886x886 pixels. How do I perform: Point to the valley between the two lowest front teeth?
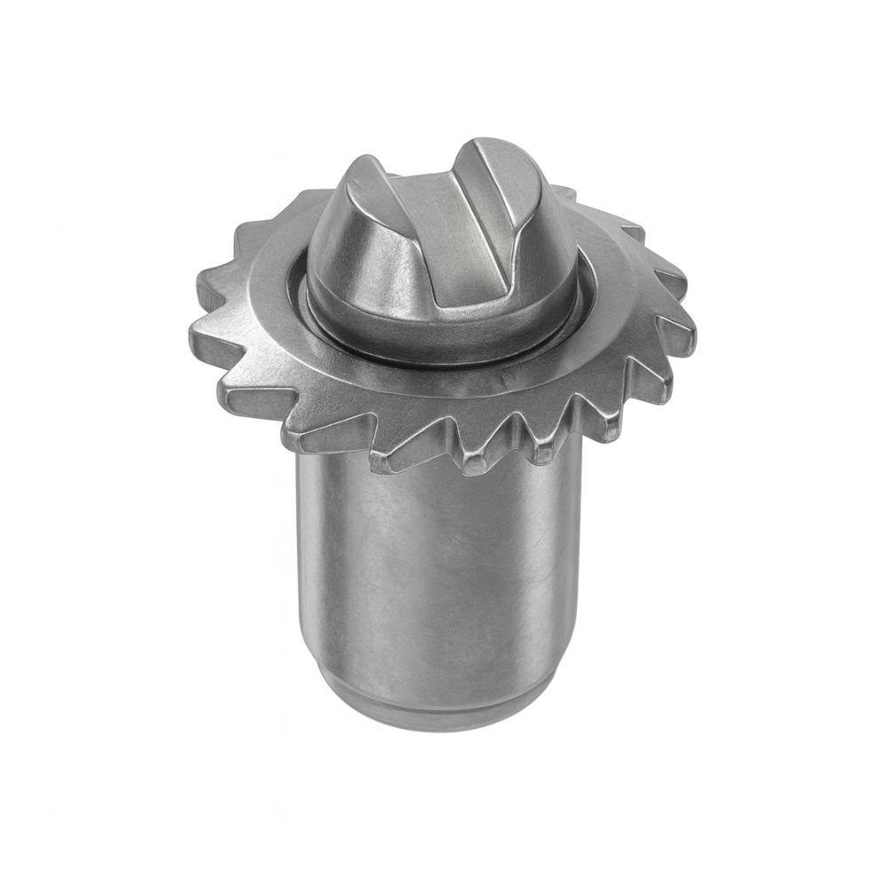452,439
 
